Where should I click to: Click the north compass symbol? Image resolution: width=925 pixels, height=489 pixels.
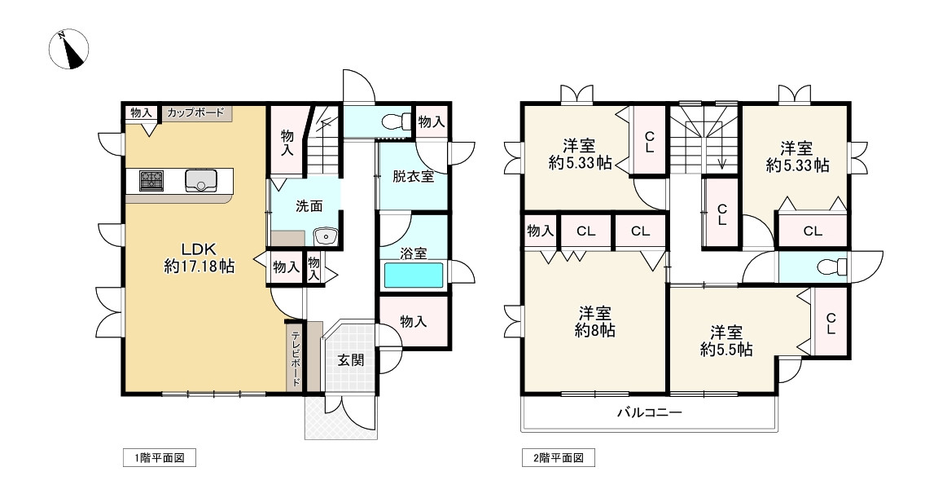(68, 50)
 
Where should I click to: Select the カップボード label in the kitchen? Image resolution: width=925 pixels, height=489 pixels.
(195, 113)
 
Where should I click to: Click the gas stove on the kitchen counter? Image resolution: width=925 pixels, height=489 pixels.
(151, 180)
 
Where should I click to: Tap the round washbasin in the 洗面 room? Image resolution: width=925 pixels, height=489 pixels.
(325, 236)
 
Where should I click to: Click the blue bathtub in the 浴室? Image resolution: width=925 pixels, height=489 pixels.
(414, 275)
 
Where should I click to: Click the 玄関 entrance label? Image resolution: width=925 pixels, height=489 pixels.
(351, 359)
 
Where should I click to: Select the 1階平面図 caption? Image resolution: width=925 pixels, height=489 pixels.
(160, 459)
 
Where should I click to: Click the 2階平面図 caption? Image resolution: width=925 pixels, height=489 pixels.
(558, 459)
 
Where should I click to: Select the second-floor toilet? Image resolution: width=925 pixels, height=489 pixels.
(831, 267)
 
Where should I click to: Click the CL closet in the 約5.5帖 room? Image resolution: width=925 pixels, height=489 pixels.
(831, 324)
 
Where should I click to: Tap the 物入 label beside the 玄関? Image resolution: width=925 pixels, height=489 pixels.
(413, 322)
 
